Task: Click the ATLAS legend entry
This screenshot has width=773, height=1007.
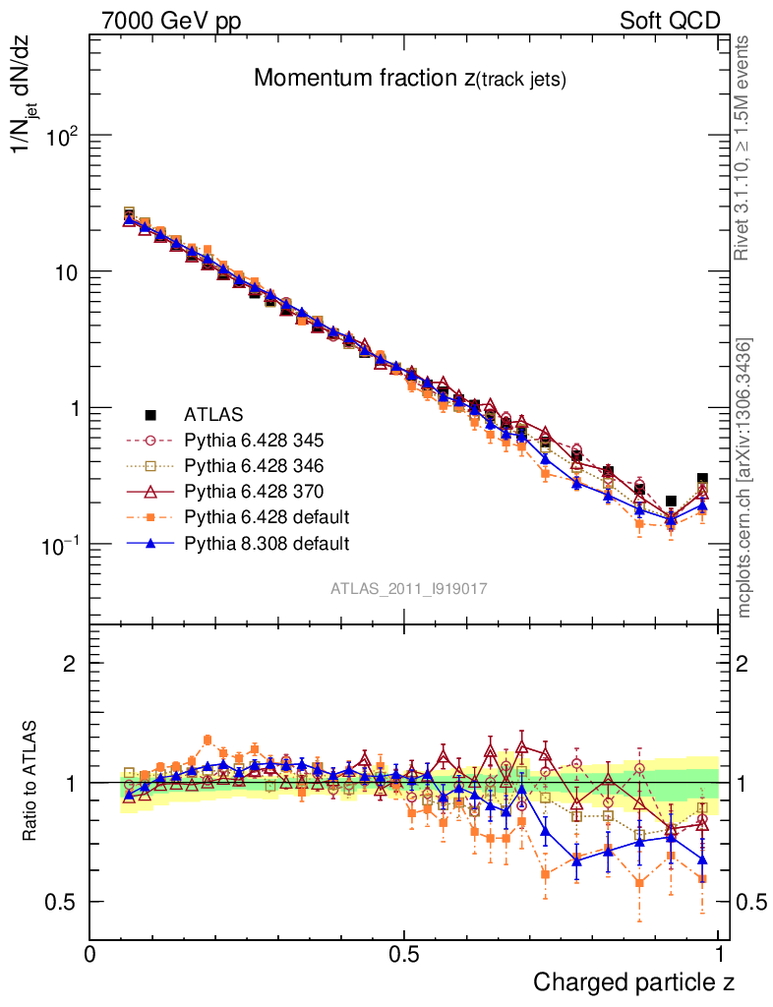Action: coord(213,414)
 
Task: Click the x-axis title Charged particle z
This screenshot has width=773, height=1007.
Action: coord(633,981)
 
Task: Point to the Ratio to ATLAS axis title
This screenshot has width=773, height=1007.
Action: coord(31,782)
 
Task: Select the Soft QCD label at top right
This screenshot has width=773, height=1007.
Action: coord(670,21)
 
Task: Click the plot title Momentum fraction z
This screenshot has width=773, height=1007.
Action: coord(409,79)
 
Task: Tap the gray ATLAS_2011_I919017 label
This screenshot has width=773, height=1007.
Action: coord(409,588)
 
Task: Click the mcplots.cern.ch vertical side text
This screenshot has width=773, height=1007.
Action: coord(744,478)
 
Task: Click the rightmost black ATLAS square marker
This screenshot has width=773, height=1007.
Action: coord(702,479)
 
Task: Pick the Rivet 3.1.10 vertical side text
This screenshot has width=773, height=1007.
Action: coord(744,148)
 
